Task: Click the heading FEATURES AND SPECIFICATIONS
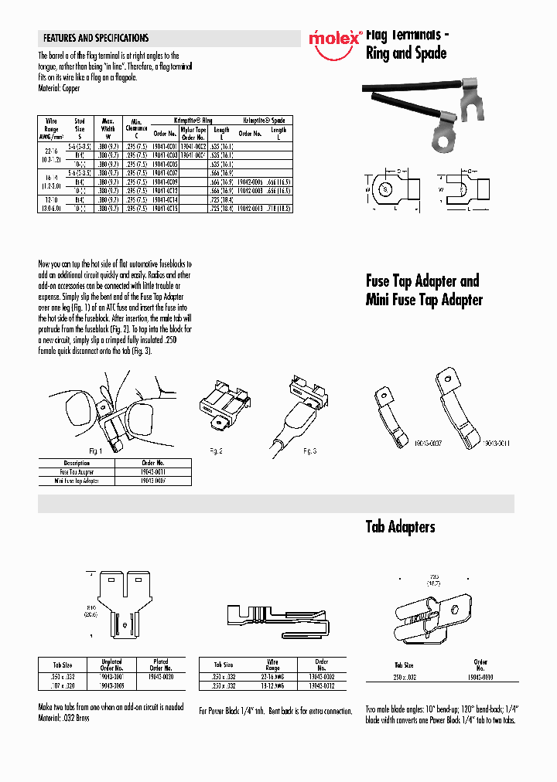tap(96, 38)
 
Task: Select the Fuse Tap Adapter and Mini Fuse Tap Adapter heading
tap(423, 290)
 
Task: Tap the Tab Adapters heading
tap(400, 527)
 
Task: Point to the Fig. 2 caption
tap(216, 450)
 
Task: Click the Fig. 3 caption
tap(309, 450)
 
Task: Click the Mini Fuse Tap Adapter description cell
tap(77, 481)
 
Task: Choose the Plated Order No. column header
tap(161, 665)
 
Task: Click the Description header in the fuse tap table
tap(77, 464)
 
